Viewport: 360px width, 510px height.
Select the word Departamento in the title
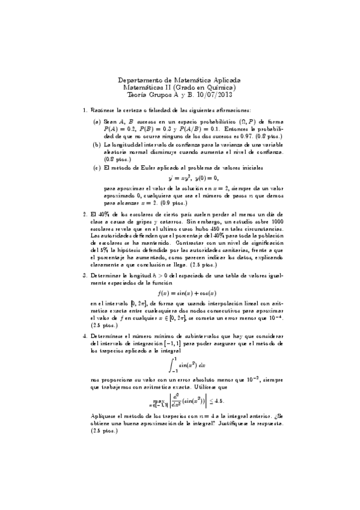click(141, 79)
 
